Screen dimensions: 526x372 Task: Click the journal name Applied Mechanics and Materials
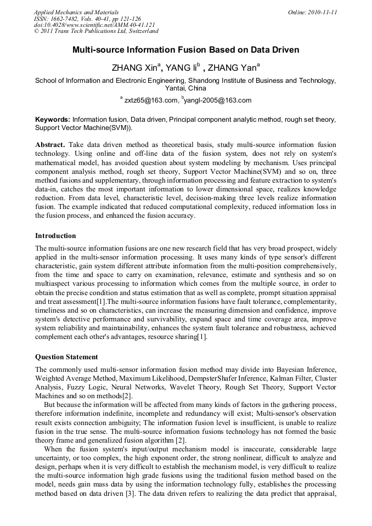pos(76,12)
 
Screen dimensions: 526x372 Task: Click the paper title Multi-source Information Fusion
pos(185,50)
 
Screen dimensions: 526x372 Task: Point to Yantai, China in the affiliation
pos(185,88)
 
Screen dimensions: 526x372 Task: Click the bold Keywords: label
pos(52,119)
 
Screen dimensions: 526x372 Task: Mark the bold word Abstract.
pos(50,144)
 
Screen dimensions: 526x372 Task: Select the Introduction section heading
pos(55,236)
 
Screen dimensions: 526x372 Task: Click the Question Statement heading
pos(66,357)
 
